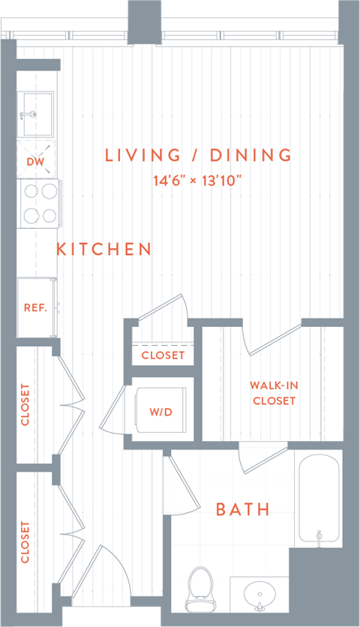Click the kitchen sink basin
click(37, 113)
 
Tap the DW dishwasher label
click(35, 161)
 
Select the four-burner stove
click(39, 203)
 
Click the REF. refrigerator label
click(35, 307)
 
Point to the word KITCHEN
click(104, 249)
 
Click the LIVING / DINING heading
click(198, 155)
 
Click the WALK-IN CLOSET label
click(274, 393)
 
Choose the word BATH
click(242, 510)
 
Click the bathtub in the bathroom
click(320, 496)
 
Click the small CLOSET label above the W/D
click(163, 355)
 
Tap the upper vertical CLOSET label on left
click(25, 405)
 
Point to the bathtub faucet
click(319, 535)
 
